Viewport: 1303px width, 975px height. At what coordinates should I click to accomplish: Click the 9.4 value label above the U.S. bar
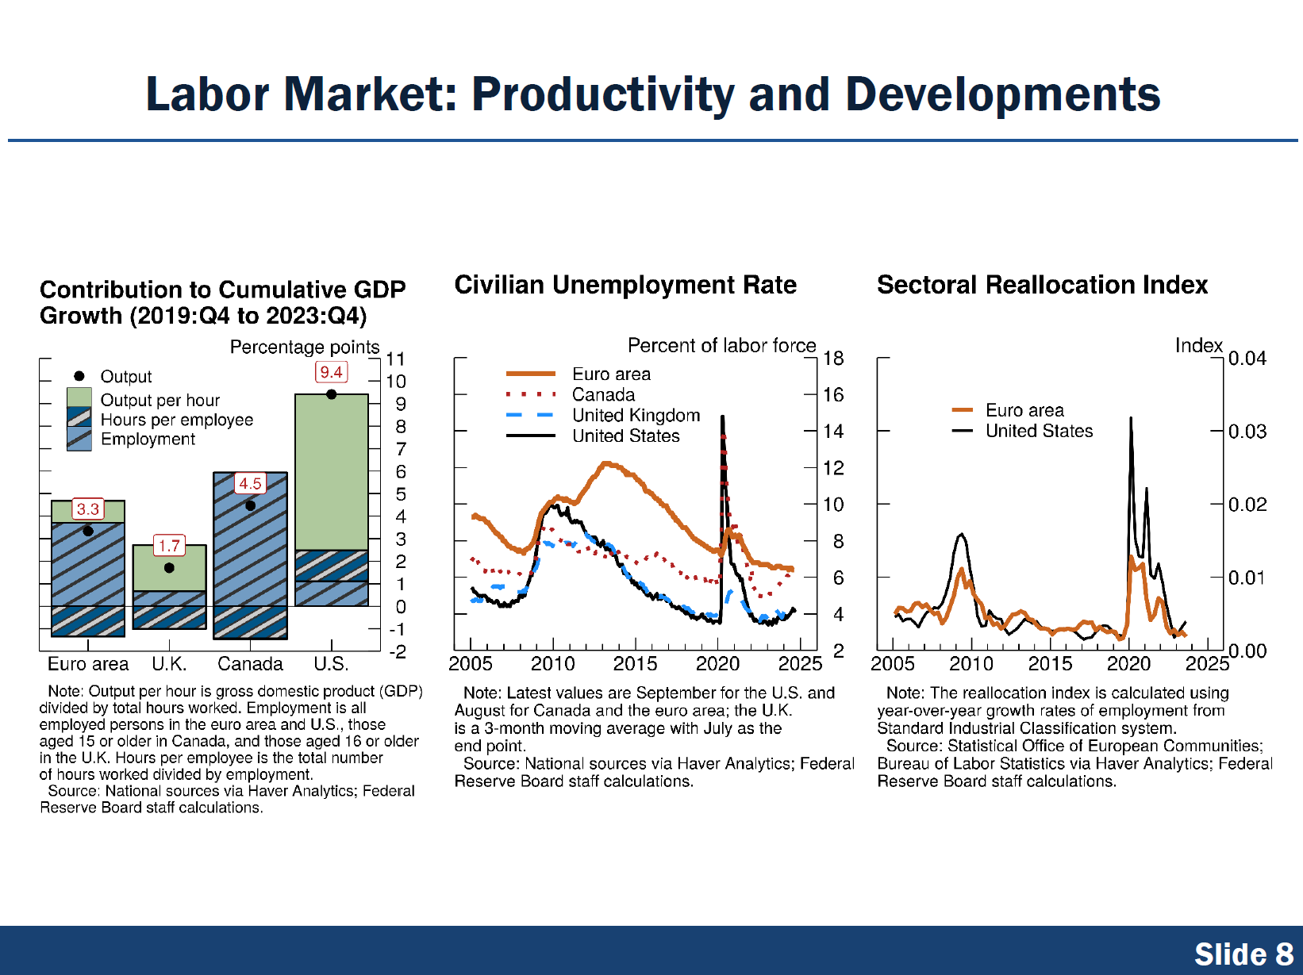point(331,372)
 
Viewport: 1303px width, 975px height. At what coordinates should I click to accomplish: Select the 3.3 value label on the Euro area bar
point(88,509)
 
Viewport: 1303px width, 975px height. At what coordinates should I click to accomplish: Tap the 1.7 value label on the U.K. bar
point(169,546)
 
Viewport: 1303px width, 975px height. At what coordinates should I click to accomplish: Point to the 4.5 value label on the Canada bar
point(250,483)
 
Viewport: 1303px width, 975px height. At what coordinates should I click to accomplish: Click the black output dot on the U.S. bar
point(332,394)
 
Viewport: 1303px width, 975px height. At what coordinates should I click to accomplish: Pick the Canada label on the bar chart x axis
point(250,664)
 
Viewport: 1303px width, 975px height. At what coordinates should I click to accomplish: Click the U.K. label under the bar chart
point(169,664)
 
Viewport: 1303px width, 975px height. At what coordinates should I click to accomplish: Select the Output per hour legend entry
point(160,400)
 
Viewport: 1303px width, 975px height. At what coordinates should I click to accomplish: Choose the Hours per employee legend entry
point(176,420)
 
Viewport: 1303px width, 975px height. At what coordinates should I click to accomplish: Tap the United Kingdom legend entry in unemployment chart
point(636,415)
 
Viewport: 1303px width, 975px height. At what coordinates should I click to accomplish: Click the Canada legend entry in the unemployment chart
point(603,394)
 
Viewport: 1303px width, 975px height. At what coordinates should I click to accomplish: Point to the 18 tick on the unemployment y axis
point(833,359)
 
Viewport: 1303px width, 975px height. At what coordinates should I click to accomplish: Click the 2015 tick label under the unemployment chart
point(635,664)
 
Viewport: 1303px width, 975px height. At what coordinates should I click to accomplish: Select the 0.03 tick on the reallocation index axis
point(1247,432)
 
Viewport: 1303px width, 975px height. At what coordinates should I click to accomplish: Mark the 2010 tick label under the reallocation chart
point(971,664)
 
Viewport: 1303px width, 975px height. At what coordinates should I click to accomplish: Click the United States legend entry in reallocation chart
point(1039,431)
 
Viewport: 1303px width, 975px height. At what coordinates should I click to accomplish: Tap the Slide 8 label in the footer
point(1243,954)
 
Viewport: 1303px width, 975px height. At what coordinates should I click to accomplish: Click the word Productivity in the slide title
point(603,94)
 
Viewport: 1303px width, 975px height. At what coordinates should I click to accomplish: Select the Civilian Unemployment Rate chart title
point(625,285)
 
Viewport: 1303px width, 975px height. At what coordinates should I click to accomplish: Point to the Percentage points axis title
point(305,347)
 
